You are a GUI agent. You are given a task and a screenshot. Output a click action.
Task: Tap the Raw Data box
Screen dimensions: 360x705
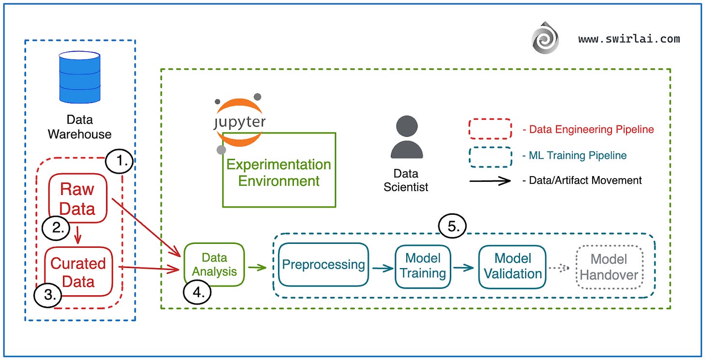coord(77,198)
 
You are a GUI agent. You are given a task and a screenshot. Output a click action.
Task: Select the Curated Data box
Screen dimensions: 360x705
coord(78,272)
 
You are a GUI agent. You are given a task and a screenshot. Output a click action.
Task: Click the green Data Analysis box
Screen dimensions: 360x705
coord(214,264)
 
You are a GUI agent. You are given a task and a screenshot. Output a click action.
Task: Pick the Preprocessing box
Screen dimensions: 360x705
coord(323,265)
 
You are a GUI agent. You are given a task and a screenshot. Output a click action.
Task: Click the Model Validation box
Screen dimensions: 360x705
coord(512,266)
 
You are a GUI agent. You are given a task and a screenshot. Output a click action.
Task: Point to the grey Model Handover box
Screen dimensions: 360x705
coord(609,267)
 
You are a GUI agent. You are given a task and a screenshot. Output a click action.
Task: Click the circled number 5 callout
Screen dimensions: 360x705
coord(453,226)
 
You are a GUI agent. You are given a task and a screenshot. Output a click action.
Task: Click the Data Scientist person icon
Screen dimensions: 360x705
coord(406,137)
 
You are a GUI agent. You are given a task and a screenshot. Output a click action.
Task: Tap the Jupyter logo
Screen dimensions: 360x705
coord(239,121)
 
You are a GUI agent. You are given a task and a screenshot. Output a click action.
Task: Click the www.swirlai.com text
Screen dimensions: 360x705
coord(629,39)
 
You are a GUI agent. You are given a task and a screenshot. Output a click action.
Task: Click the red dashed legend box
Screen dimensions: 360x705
coord(490,129)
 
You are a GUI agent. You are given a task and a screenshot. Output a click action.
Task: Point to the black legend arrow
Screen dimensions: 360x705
coord(490,180)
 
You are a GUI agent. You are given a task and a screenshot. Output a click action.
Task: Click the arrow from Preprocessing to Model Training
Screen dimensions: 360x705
coord(383,268)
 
